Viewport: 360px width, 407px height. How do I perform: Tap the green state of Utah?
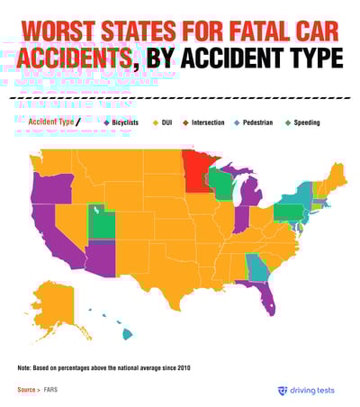[100, 222]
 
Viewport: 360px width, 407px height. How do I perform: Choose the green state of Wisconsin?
[219, 184]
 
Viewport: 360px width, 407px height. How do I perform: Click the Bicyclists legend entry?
[127, 121]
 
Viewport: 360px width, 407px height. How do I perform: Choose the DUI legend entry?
[169, 121]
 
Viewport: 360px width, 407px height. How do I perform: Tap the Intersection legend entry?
[208, 121]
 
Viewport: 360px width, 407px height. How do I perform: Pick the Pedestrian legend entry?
[261, 121]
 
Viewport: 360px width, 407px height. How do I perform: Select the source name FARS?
[50, 390]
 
